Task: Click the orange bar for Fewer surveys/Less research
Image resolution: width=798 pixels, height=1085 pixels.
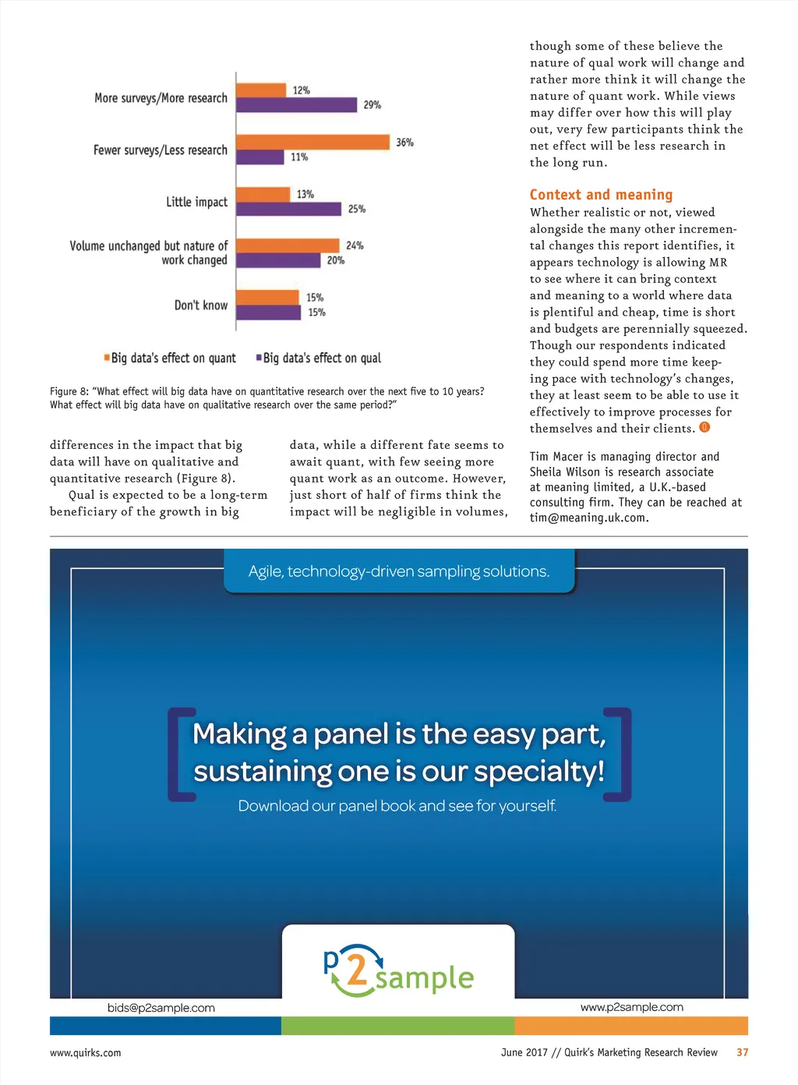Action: click(312, 142)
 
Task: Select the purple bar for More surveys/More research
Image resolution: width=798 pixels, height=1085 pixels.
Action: click(296, 104)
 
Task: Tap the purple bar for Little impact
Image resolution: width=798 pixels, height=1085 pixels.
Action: click(288, 209)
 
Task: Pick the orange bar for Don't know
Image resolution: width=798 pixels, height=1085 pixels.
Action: click(267, 297)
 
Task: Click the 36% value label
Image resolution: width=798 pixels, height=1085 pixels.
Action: click(404, 143)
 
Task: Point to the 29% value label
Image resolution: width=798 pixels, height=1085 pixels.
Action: click(372, 104)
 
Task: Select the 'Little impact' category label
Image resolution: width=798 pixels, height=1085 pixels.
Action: click(196, 202)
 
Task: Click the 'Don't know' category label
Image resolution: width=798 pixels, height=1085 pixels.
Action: click(201, 306)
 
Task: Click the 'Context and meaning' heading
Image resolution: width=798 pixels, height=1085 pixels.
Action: click(601, 195)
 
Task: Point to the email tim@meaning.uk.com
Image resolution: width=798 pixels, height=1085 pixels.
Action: click(588, 518)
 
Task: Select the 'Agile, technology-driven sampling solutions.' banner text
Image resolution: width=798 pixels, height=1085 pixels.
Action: click(399, 571)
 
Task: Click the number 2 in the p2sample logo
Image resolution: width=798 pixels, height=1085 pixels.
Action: click(356, 970)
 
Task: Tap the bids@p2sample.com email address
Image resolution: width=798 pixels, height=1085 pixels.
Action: click(161, 1008)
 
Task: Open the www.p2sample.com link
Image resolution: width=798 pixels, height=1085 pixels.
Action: click(631, 1007)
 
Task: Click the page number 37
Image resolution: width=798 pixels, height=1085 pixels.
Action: click(742, 1052)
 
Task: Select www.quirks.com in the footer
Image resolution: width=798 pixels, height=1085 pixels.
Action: click(86, 1053)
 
